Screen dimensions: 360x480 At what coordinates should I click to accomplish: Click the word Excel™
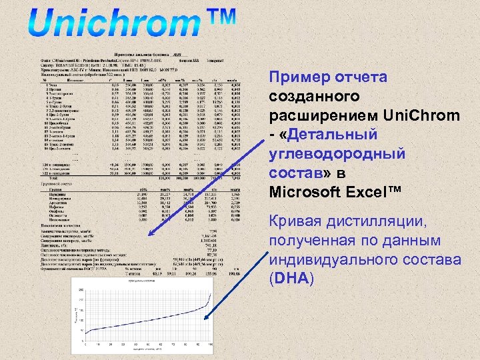point(376,192)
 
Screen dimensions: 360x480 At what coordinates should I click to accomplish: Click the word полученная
point(310,240)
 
